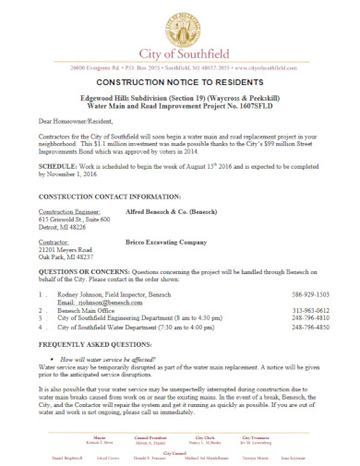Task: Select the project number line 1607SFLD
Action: (x=180, y=108)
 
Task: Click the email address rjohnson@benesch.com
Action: (x=93, y=301)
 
